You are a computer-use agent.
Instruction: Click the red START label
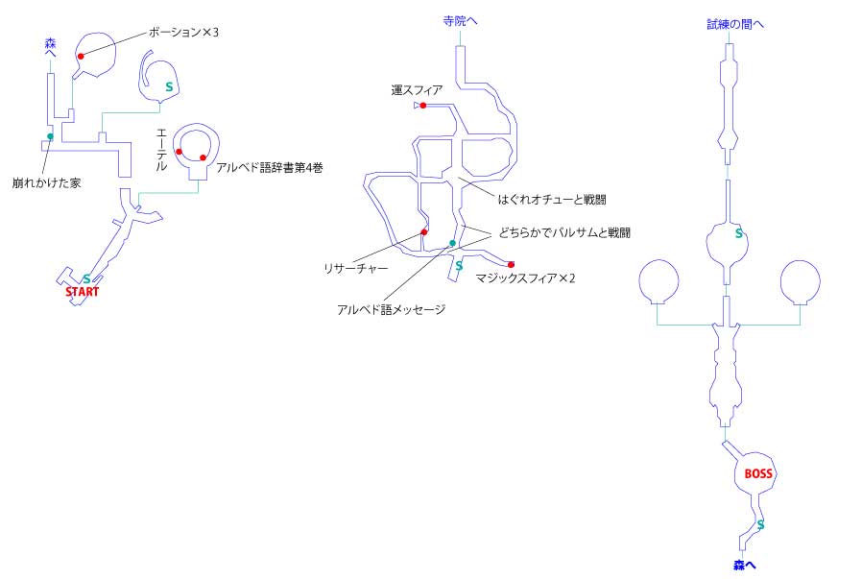[x=82, y=292]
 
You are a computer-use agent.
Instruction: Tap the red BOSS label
[x=758, y=473]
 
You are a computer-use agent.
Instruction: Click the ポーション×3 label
[x=183, y=33]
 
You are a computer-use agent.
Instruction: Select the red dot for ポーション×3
[x=81, y=56]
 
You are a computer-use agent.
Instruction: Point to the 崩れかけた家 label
[x=47, y=182]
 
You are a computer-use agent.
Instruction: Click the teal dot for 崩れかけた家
[x=50, y=136]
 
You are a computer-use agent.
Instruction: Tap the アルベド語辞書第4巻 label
[x=270, y=168]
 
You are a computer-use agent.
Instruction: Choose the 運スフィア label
[x=417, y=90]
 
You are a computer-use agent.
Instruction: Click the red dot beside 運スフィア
[x=422, y=106]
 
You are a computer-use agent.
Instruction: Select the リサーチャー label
[x=356, y=268]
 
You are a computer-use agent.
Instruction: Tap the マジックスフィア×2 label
[x=526, y=278]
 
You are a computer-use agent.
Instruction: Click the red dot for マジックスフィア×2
[x=511, y=264]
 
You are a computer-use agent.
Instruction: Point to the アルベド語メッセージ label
[x=391, y=309]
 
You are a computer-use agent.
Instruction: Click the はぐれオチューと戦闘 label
[x=552, y=200]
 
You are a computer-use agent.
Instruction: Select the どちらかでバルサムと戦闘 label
[x=564, y=233]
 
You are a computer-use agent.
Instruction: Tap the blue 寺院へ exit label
[x=460, y=21]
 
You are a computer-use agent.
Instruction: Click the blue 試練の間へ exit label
[x=735, y=24]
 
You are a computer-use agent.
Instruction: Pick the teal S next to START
[x=86, y=279]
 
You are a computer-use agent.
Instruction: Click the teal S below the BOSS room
[x=760, y=524]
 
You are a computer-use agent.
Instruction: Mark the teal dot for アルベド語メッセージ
[x=452, y=243]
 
